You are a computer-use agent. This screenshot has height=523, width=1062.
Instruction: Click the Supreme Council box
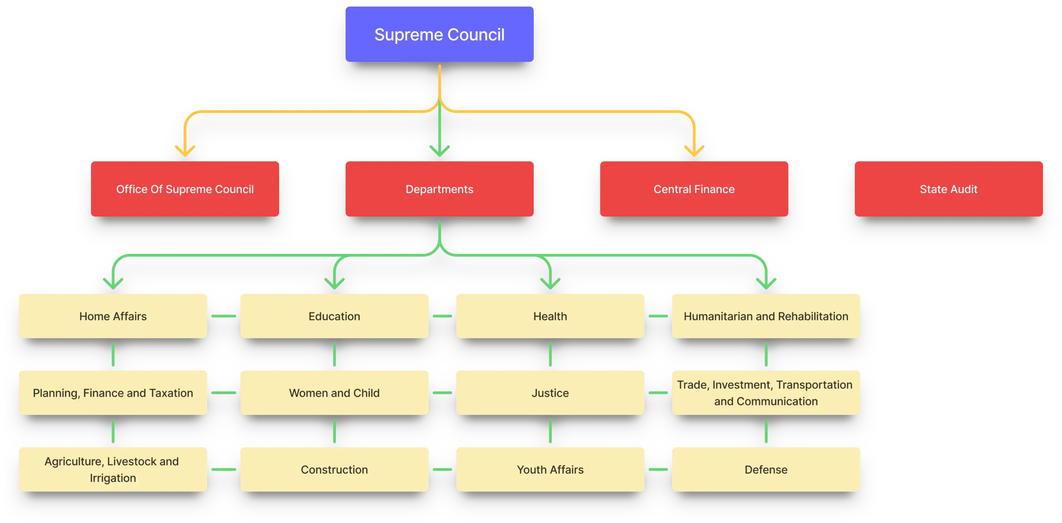coord(439,34)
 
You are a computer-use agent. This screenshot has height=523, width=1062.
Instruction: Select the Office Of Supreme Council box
coord(185,189)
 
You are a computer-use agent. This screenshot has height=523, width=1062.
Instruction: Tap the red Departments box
coord(439,189)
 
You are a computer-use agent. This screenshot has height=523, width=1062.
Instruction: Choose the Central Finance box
coord(694,189)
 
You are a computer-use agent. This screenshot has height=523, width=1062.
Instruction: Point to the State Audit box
coord(948,189)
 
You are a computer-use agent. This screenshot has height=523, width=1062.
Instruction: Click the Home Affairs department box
coord(113,316)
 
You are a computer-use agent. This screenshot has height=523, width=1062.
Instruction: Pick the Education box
coord(334,316)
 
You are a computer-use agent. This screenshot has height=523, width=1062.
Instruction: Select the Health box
coord(550,316)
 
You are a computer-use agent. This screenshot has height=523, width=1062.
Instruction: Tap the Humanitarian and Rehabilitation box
coord(766,316)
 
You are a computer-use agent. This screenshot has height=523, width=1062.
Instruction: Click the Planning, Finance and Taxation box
coord(113,393)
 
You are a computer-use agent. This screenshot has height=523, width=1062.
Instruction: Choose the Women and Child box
coord(334,393)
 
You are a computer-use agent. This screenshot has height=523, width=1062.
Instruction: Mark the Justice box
coord(550,393)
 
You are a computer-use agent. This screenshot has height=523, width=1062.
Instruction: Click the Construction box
coord(334,470)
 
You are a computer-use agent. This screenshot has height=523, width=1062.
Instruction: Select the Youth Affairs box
coord(550,470)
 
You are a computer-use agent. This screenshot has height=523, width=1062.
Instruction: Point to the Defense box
coord(766,470)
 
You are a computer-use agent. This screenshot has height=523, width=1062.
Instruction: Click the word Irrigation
coord(113,478)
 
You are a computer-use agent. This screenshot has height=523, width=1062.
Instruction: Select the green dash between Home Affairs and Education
coord(224,316)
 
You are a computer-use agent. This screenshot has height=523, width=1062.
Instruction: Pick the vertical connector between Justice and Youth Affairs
coord(550,431)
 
